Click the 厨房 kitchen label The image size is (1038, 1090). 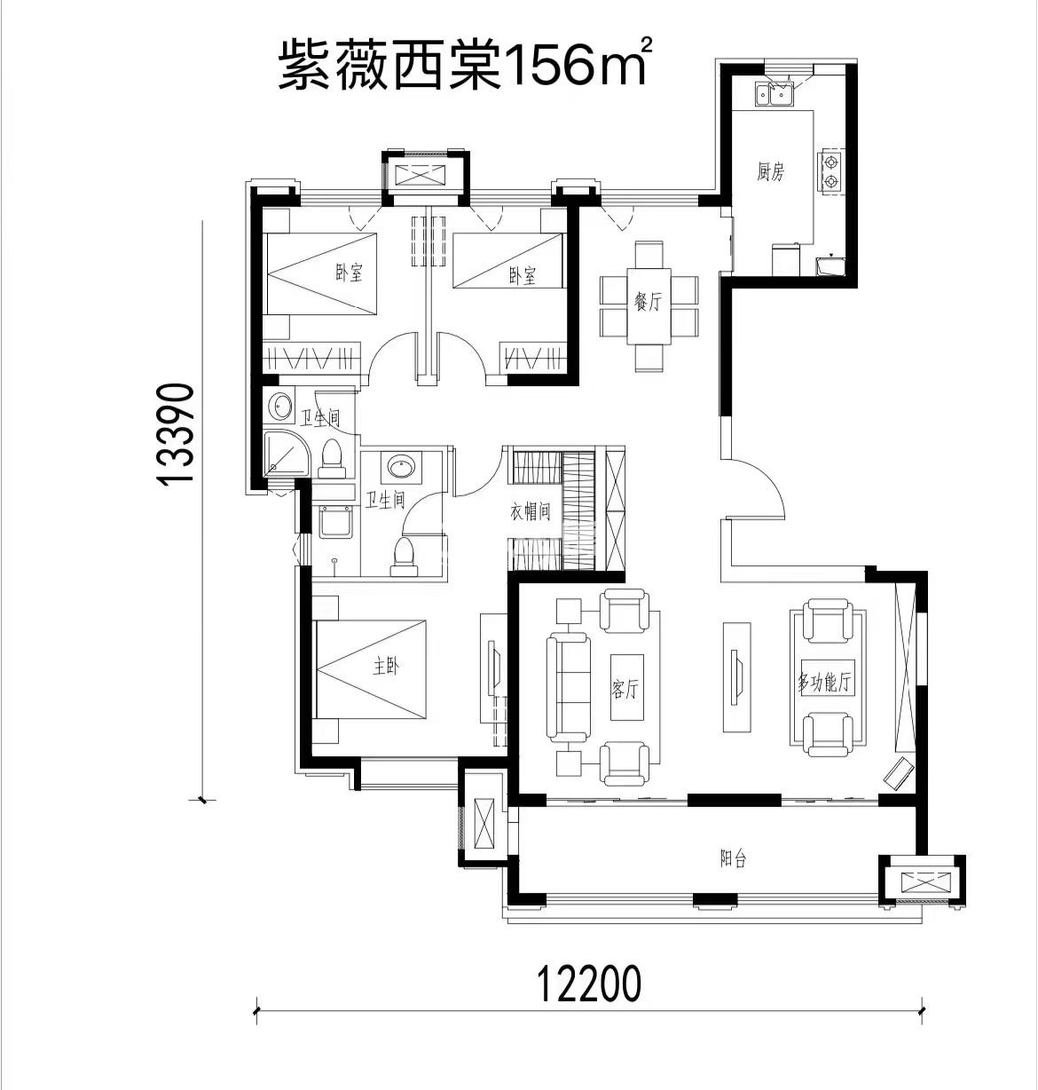coord(770,171)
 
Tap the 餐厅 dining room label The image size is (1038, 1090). coord(648,301)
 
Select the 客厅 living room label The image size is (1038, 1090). coord(625,689)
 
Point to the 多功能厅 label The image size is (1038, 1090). coord(824,682)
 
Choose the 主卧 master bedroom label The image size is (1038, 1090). coord(386,666)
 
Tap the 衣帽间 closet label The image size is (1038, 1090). coord(530,511)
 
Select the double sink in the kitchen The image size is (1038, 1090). coord(773,95)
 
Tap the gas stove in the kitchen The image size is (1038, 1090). coord(830,171)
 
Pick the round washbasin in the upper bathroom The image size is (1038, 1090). coord(279,407)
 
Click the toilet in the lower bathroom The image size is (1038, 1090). coord(405,556)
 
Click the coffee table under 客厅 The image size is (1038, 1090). coord(626,688)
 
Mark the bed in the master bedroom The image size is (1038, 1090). coord(370,669)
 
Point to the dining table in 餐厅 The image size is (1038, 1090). coord(649,306)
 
